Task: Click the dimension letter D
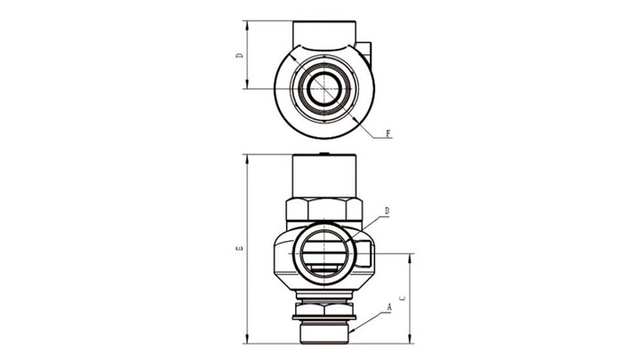[x=240, y=55]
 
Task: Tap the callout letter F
[x=388, y=133]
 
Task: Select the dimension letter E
[x=240, y=248]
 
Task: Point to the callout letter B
[x=387, y=211]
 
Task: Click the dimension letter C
[x=403, y=298]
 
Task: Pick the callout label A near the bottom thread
[x=389, y=308]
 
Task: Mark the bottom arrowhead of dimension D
[x=246, y=84]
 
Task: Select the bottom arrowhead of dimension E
[x=246, y=339]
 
